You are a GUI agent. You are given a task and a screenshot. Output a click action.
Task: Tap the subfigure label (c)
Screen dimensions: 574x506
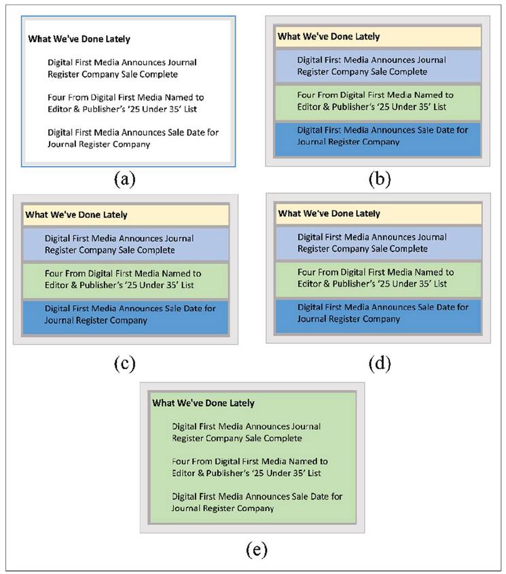pos(125,363)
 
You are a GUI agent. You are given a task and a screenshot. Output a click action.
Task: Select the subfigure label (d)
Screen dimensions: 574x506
pos(378,363)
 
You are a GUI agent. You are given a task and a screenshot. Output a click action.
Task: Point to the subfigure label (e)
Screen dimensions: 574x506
pos(251,550)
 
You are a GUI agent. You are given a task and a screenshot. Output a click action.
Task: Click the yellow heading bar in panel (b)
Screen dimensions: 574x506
pos(378,37)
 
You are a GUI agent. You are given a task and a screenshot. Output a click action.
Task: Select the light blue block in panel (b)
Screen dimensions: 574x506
pos(378,66)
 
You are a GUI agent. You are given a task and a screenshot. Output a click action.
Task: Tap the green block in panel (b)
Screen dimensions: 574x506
pos(378,101)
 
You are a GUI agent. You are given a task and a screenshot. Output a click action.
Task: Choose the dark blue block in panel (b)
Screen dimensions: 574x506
pos(378,139)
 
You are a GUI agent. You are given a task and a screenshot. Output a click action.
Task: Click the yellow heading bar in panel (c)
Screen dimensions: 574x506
pos(125,215)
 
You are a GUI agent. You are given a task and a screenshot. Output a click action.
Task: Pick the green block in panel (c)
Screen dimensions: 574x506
pos(125,279)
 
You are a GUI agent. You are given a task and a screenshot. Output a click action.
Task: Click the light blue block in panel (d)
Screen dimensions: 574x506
pos(378,243)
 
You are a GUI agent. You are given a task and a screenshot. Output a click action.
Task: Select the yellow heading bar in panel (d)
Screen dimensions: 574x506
pos(378,213)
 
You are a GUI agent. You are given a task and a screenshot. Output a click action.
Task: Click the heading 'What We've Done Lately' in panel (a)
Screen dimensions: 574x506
pos(79,39)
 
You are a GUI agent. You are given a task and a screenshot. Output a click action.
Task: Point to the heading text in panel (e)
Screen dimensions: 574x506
pos(203,403)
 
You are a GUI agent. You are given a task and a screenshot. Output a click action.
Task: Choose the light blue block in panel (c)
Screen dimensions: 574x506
pos(125,244)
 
